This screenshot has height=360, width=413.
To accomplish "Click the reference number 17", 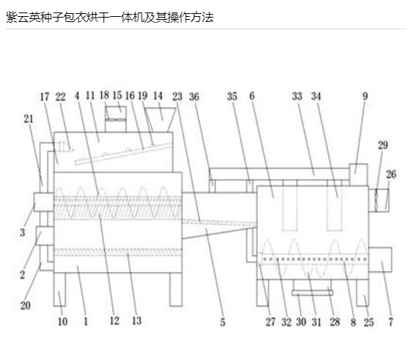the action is click(45, 97).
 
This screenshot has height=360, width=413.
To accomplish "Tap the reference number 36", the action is click(194, 97).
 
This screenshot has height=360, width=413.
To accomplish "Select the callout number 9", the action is click(365, 96).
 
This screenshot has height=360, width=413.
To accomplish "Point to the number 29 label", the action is click(383, 145).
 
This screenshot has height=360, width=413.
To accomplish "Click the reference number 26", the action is click(391, 174).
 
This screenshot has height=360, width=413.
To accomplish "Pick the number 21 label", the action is click(29, 119).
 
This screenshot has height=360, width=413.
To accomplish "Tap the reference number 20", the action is click(26, 306).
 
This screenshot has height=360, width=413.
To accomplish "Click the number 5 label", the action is click(223, 322).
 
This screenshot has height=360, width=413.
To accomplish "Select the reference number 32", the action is click(286, 322).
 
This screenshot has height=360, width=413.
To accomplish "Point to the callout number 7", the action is click(390, 322).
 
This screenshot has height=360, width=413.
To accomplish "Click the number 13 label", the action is click(136, 320).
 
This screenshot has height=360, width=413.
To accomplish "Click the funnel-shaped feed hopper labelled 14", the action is click(160, 120).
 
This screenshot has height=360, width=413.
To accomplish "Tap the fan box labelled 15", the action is click(116, 120).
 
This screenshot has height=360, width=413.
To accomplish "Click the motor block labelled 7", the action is click(380, 260).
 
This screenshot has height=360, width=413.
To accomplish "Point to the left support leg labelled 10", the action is click(60, 290).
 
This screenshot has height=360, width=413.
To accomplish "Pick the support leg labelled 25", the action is click(362, 293).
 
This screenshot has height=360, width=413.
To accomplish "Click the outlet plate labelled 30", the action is click(313, 293).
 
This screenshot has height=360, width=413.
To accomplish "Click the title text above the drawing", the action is click(109, 18).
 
